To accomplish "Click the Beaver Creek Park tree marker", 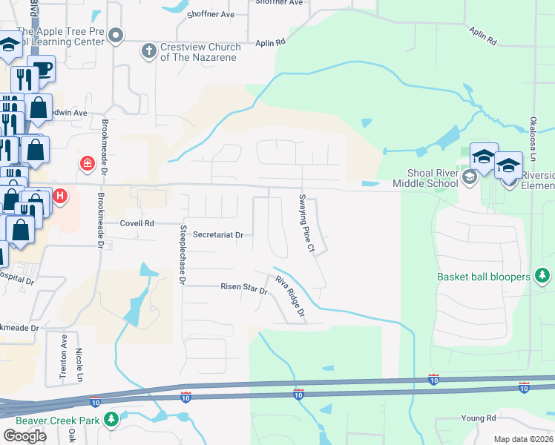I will click(111, 421).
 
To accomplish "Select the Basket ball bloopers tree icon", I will click(543, 277).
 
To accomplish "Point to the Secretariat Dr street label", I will click(218, 234).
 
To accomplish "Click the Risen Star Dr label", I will click(243, 288).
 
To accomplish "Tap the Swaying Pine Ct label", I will click(306, 222).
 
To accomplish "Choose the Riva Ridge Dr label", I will click(291, 298).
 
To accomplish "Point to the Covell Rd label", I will click(137, 222).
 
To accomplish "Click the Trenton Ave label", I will click(64, 358).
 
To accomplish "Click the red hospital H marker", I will click(60, 197).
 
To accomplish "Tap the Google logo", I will click(24, 436).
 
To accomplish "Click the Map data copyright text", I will click(524, 439).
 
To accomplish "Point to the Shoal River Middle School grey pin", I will click(469, 177).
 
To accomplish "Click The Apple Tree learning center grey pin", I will click(115, 36).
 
